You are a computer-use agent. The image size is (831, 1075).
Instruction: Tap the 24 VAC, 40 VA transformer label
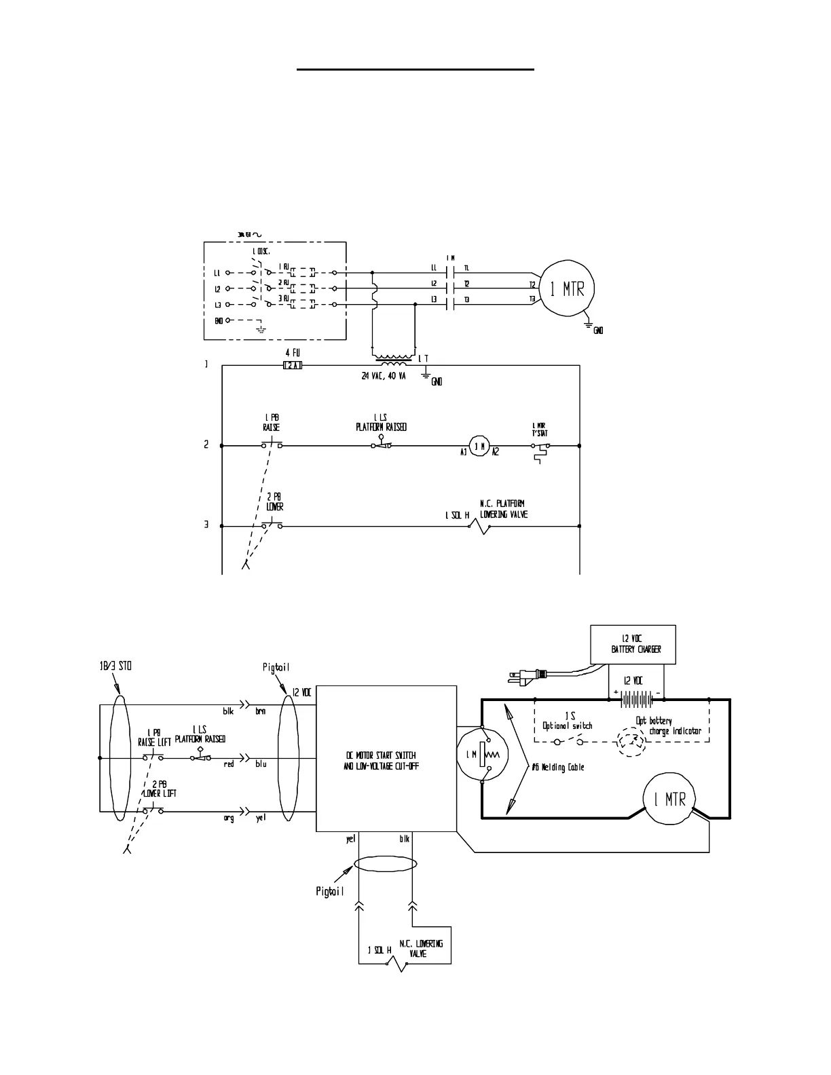click(x=383, y=377)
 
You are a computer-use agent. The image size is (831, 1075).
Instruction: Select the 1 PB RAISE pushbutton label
click(x=271, y=423)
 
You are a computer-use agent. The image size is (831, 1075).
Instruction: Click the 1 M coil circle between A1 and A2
click(x=480, y=446)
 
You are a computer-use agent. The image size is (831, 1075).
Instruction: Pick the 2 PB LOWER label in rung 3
click(x=274, y=502)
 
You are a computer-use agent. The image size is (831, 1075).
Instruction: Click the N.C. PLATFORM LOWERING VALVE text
click(x=503, y=509)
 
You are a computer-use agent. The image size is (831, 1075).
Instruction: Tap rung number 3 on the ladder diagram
click(x=206, y=525)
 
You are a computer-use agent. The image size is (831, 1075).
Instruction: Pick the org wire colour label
click(x=229, y=818)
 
